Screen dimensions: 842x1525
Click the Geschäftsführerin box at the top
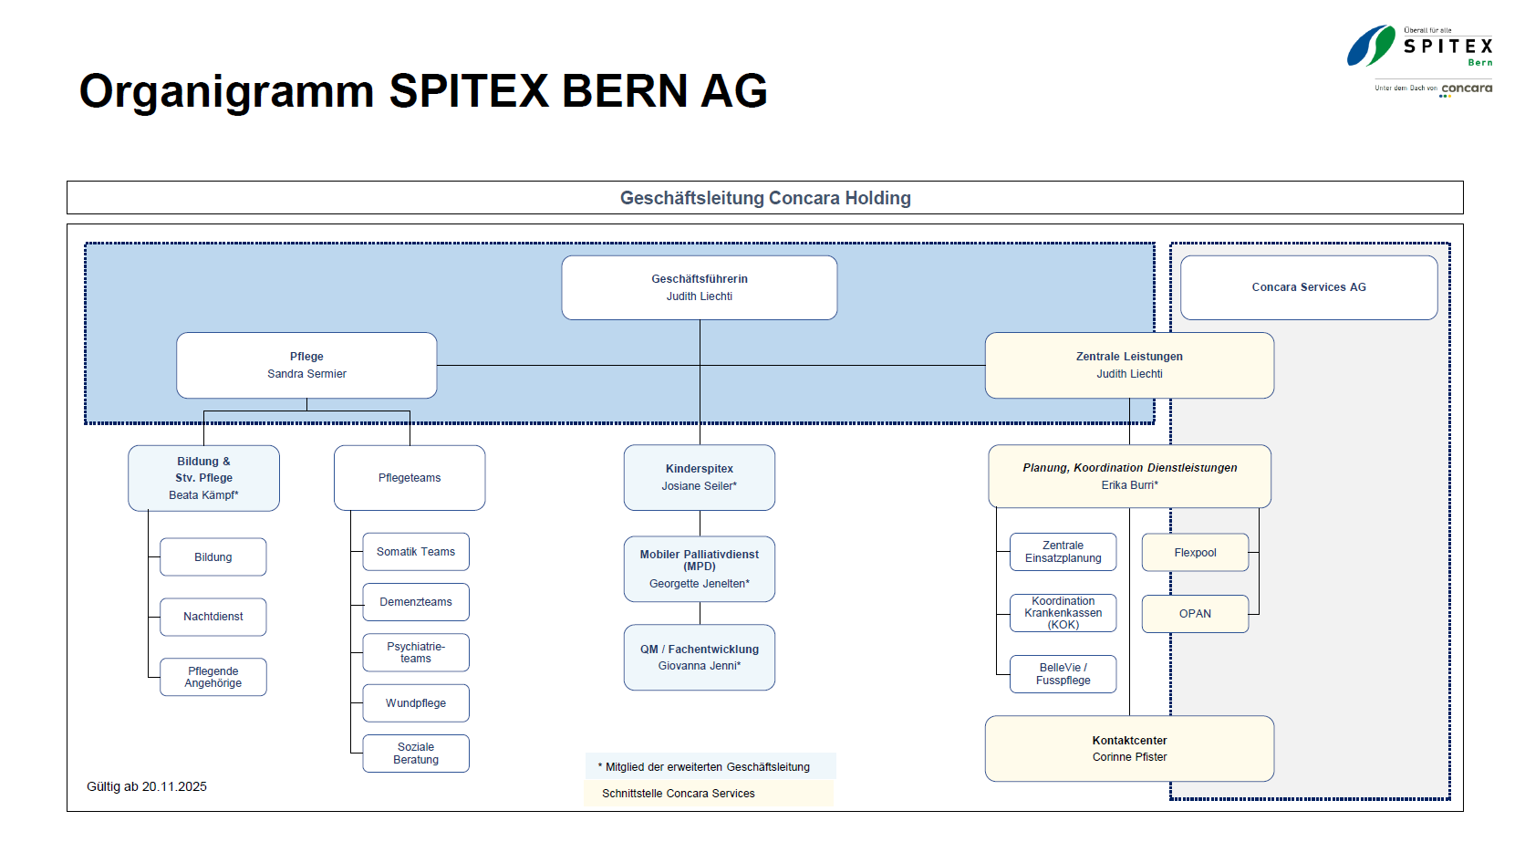coord(699,287)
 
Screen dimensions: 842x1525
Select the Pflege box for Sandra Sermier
coord(306,365)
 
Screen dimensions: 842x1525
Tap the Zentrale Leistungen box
coord(1129,365)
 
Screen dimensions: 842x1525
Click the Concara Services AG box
coord(1308,287)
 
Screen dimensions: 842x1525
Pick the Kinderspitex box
coord(699,477)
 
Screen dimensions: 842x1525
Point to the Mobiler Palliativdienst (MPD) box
coord(699,568)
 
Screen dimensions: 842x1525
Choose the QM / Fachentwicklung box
coord(699,657)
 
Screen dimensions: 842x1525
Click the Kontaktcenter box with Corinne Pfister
coord(1129,748)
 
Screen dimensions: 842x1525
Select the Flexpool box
coord(1195,553)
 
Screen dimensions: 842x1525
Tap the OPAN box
coord(1195,614)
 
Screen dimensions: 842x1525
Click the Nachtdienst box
coord(213,617)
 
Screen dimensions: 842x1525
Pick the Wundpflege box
coord(415,703)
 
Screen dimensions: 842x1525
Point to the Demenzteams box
coord(415,602)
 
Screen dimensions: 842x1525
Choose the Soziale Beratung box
coord(415,754)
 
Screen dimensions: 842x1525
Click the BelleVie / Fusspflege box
coord(1063,674)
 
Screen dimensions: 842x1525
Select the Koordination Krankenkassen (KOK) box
coord(1063,613)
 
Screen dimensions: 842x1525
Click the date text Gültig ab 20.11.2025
coord(147,786)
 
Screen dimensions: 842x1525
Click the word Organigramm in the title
coord(226,91)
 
